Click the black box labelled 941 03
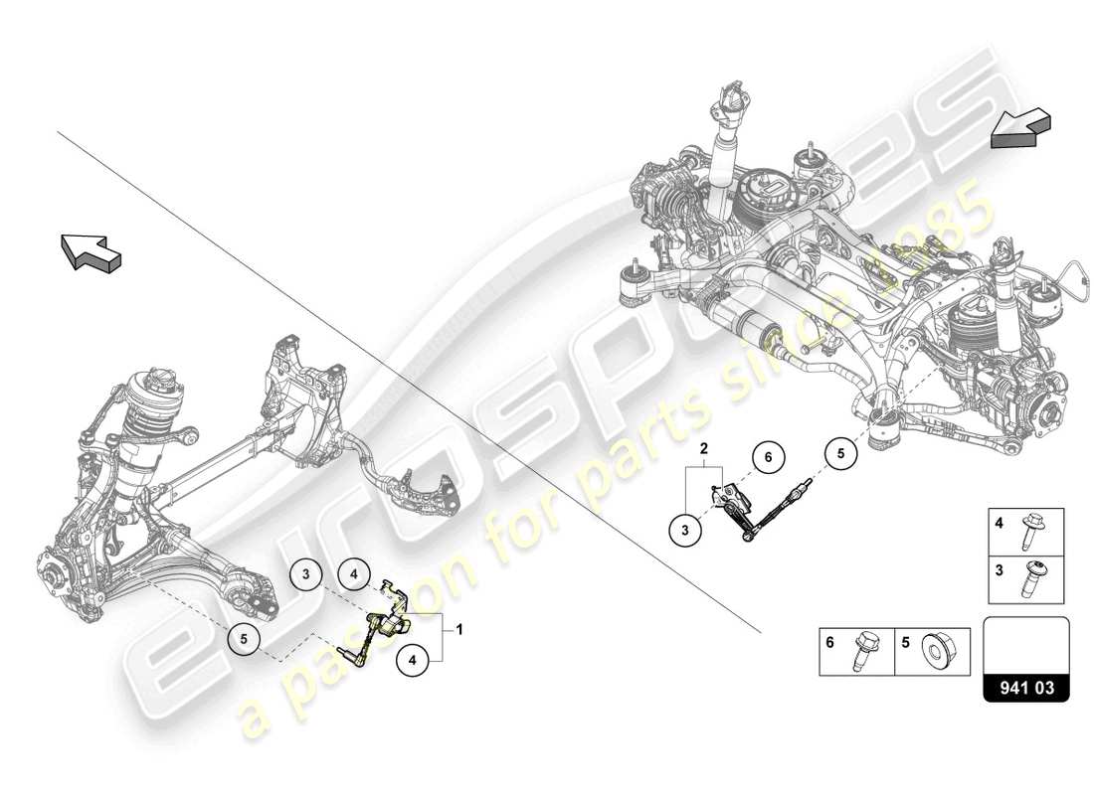tap(1026, 685)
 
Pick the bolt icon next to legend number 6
tap(858, 652)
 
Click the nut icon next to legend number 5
tap(934, 651)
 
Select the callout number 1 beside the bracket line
tap(459, 629)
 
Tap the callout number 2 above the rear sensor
tap(703, 449)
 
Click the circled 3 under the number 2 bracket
tap(685, 532)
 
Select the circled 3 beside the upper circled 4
tap(307, 573)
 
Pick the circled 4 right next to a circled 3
tap(353, 573)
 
